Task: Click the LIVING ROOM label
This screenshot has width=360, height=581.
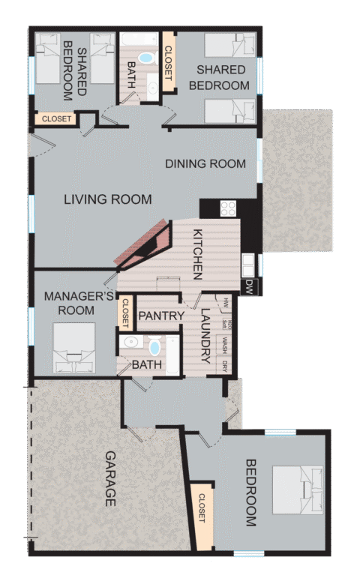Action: click(x=107, y=199)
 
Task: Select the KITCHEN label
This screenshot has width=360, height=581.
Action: click(x=198, y=254)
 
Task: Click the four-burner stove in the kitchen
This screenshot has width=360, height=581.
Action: click(x=228, y=208)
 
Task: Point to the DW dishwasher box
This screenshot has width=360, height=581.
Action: click(x=249, y=286)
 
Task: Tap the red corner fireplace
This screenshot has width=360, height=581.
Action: click(x=148, y=246)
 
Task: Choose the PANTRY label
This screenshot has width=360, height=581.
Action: click(x=161, y=316)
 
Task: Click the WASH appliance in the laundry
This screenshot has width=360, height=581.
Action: click(x=224, y=346)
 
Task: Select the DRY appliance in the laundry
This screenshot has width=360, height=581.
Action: click(x=224, y=366)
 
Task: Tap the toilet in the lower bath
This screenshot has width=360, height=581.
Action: click(x=155, y=346)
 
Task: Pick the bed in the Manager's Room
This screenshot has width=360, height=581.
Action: click(x=74, y=349)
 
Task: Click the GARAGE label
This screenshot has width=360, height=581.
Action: click(x=110, y=479)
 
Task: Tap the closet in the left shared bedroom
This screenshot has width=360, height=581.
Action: click(x=56, y=119)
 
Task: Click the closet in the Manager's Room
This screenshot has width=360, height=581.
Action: click(x=125, y=312)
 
